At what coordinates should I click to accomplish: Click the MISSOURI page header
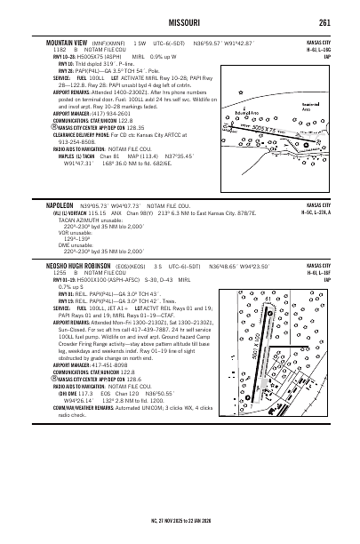[180, 22]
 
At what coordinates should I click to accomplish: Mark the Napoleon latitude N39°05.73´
[93, 228]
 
